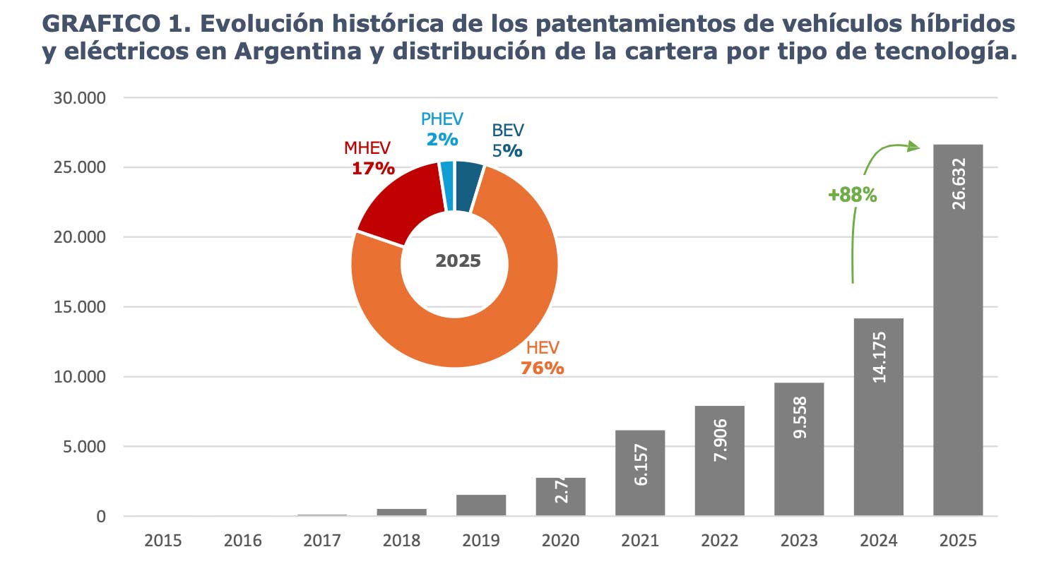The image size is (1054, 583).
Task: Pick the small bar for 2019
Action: pyautogui.click(x=481, y=505)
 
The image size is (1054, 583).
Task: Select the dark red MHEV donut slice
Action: pyautogui.click(x=396, y=201)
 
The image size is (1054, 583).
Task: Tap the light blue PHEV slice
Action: pyautogui.click(x=446, y=186)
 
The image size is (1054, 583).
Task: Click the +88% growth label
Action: pyautogui.click(x=852, y=195)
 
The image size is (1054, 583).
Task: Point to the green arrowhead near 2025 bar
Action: pyautogui.click(x=914, y=146)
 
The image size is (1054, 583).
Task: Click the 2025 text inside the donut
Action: pyautogui.click(x=458, y=261)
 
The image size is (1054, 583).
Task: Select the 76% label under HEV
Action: pyautogui.click(x=542, y=368)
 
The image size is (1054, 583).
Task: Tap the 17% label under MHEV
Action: pyautogui.click(x=372, y=169)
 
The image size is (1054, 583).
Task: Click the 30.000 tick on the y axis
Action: pyautogui.click(x=79, y=98)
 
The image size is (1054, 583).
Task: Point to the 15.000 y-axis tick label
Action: pyautogui.click(x=79, y=307)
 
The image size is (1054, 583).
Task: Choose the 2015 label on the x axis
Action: pyautogui.click(x=163, y=541)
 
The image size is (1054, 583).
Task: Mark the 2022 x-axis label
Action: pyautogui.click(x=719, y=541)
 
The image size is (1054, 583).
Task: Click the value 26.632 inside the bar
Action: pyautogui.click(x=958, y=184)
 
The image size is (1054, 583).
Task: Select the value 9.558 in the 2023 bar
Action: pyautogui.click(x=799, y=417)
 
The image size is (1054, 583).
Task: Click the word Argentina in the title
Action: pyautogui.click(x=297, y=52)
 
